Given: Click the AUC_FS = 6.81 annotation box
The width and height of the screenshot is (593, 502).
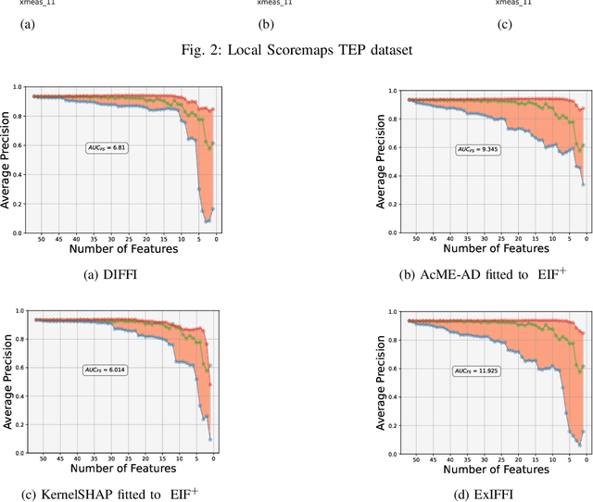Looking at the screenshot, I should click(105, 147).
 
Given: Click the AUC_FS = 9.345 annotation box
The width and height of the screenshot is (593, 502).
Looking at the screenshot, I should click(477, 148).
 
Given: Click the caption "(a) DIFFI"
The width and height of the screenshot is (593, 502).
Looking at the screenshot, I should click(109, 273).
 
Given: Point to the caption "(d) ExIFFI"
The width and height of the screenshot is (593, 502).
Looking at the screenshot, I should click(484, 495).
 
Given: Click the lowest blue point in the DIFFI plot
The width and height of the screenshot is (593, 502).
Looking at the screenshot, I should click(206, 221).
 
